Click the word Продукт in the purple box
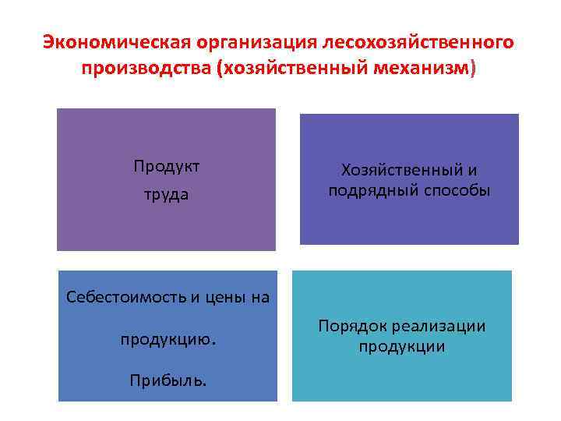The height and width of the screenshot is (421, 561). [x=166, y=166]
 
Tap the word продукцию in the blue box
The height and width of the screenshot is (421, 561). [x=168, y=341]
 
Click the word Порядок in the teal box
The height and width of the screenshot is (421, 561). [x=353, y=326]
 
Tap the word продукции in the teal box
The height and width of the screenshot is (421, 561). [x=402, y=347]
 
